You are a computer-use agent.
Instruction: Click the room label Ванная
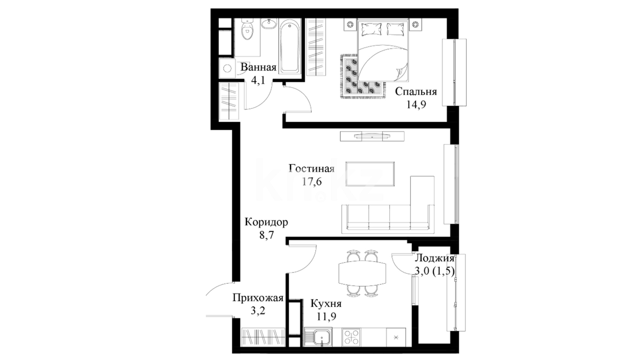[x=258, y=67]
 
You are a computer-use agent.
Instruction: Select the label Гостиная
[x=311, y=168]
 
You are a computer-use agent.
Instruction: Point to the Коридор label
[x=266, y=222]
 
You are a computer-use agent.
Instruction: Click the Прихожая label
[x=258, y=298]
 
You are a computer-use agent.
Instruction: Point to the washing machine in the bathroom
[x=227, y=69]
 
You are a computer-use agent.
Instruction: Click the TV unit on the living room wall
[x=372, y=136]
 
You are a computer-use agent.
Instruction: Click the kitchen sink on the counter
[x=318, y=337]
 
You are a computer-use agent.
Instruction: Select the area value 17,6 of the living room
[x=312, y=182]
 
